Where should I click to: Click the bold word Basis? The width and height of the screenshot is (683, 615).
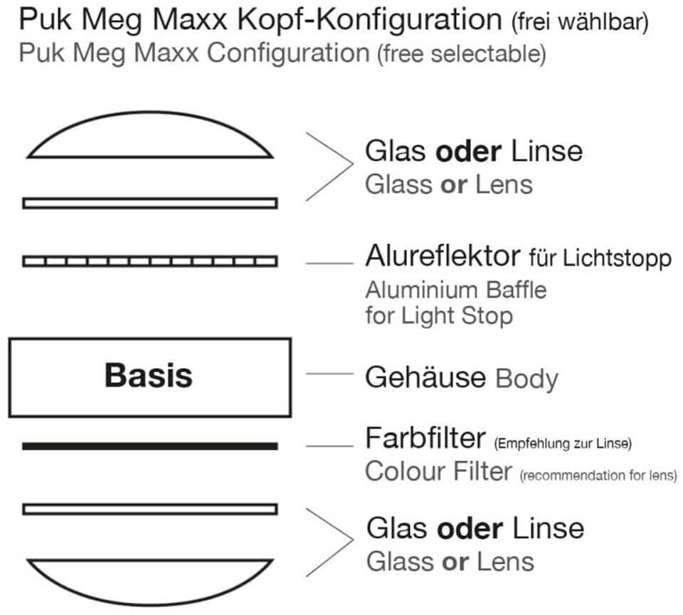click(x=149, y=375)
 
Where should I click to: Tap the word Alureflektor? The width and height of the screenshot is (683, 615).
click(x=443, y=257)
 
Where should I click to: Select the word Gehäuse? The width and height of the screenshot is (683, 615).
click(x=425, y=377)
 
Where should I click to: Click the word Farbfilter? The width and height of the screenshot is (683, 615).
click(x=425, y=438)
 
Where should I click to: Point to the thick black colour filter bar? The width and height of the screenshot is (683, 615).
click(x=149, y=446)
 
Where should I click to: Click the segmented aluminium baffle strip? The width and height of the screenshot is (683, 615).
click(x=149, y=261)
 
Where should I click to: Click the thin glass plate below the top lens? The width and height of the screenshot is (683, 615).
click(x=149, y=203)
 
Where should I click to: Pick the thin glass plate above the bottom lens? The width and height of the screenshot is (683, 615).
click(x=149, y=509)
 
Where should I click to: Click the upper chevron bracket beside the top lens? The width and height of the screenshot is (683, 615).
click(x=332, y=166)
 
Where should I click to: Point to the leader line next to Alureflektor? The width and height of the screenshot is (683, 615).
click(x=329, y=264)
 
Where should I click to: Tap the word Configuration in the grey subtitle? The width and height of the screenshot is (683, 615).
click(x=287, y=53)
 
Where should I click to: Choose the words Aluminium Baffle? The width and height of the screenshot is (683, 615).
click(x=456, y=290)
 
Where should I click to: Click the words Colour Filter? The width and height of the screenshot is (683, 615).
click(x=438, y=471)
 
